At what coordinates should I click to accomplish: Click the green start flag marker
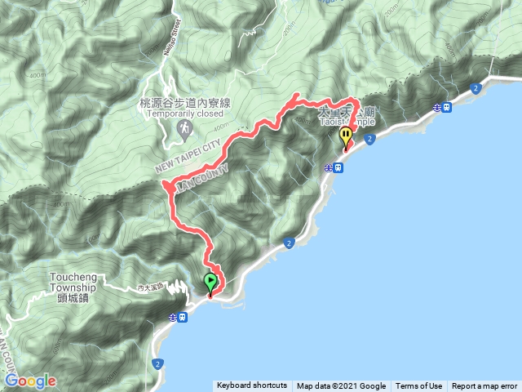pos(210,283)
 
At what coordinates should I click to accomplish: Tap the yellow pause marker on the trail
pos(347,136)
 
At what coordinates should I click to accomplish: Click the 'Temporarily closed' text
pos(186,114)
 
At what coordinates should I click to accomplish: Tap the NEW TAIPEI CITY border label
pos(188,157)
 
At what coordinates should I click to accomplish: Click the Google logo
pos(30,381)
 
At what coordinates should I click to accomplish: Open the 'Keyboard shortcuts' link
pos(252,386)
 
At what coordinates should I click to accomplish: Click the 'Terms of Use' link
pos(419,386)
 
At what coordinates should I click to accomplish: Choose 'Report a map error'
pos(484,386)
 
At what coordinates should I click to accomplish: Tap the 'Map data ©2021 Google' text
pos(341,386)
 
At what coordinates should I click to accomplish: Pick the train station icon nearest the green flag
pos(184,316)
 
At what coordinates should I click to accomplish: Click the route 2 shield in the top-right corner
pos(474,88)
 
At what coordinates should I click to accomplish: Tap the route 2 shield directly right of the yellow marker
pos(371,140)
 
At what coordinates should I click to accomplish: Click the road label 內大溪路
pos(151,287)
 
